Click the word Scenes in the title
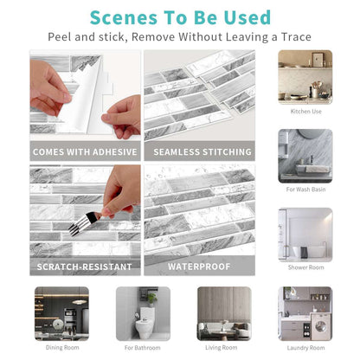pyautogui.click(x=124, y=18)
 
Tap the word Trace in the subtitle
pyautogui.click(x=296, y=37)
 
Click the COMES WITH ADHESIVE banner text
pyautogui.click(x=85, y=152)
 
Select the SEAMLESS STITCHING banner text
pyautogui.click(x=202, y=152)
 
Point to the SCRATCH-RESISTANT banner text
pyautogui.click(x=84, y=267)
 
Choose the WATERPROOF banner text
pyautogui.click(x=199, y=267)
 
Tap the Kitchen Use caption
pyautogui.click(x=305, y=112)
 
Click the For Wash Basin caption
pyautogui.click(x=305, y=190)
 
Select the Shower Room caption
pyautogui.click(x=305, y=267)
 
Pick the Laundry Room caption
pyautogui.click(x=305, y=348)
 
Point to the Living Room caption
pyautogui.click(x=222, y=348)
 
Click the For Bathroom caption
pyautogui.click(x=142, y=348)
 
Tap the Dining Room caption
pyautogui.click(x=62, y=348)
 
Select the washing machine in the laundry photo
pyautogui.click(x=320, y=326)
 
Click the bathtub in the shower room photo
pyautogui.click(x=308, y=252)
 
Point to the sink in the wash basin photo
pyautogui.click(x=312, y=169)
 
